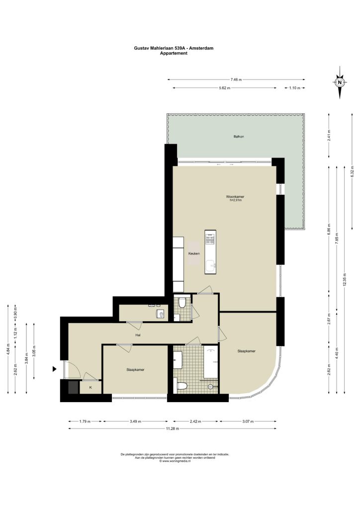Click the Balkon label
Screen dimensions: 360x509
(x=239, y=137)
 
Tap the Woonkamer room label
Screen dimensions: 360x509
(x=235, y=197)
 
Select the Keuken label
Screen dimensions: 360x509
(x=194, y=254)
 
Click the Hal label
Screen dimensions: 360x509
(x=138, y=335)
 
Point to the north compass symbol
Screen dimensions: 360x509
(x=340, y=82)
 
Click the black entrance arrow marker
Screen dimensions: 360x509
(x=55, y=369)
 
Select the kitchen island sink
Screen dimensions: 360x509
(x=210, y=266)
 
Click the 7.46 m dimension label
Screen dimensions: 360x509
(x=236, y=79)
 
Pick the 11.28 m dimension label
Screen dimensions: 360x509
(x=173, y=428)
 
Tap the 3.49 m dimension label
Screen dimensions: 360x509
(x=135, y=422)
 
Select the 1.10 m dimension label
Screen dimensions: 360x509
(x=295, y=87)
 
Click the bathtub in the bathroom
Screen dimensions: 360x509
(x=211, y=362)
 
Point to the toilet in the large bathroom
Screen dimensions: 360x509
(x=181, y=386)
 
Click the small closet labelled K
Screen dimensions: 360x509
(x=90, y=387)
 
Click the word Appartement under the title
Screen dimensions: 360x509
(x=174, y=53)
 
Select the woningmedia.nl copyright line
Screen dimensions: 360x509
(x=175, y=461)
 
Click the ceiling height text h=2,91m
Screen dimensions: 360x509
(x=236, y=200)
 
